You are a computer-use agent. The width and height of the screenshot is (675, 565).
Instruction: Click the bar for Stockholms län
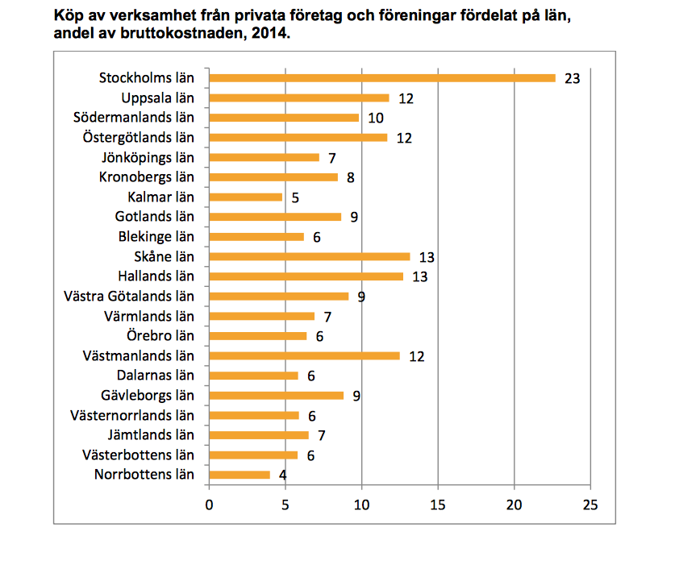pos(382,78)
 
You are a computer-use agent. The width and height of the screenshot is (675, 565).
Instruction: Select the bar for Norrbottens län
pos(240,475)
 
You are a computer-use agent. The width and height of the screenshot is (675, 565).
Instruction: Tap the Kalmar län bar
pos(246,197)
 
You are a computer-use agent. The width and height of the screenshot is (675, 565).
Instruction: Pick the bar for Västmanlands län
pos(304,355)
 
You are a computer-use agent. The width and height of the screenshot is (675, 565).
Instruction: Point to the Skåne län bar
pos(309,257)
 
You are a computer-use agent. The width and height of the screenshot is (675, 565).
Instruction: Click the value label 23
pos(573,79)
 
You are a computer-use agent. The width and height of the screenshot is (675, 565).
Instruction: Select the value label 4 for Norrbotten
pos(283,475)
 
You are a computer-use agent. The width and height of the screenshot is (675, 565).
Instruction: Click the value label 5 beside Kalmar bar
pos(296,197)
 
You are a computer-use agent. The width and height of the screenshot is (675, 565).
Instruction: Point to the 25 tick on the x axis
pos(590,505)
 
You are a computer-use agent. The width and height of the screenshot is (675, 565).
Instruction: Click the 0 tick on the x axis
pos(209,505)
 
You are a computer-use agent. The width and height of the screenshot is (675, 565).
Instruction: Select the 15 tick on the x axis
pos(438,505)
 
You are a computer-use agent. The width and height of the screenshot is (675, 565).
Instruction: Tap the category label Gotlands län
pos(155,217)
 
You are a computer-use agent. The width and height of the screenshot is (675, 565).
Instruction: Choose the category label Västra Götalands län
pos(128,296)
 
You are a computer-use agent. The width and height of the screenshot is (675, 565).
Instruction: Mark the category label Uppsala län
pos(158,98)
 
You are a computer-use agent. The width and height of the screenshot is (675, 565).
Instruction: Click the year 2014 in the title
pos(268,35)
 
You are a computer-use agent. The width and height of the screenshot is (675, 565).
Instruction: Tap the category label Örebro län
pos(160,336)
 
